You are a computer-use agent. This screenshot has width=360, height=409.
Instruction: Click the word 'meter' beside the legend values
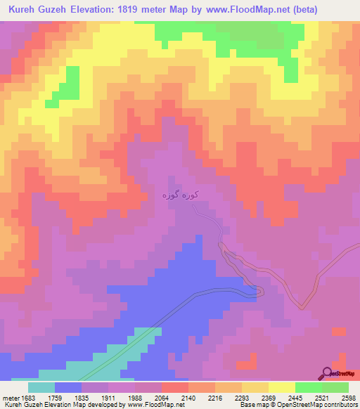(x=8, y=398)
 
